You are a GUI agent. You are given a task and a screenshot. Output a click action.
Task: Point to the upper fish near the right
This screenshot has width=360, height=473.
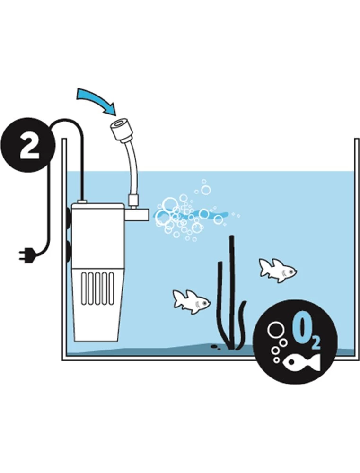point(278,270)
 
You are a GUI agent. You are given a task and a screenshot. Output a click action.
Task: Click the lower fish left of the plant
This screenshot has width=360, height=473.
point(191,302)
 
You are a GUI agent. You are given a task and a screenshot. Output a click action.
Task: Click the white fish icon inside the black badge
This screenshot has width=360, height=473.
point(301,362)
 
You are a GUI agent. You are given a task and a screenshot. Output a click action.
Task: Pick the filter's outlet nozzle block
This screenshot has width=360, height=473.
point(137,215)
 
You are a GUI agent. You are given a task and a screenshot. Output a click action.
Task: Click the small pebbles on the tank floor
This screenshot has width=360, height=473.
point(215,346)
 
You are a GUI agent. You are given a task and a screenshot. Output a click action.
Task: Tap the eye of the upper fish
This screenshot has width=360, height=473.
point(291,272)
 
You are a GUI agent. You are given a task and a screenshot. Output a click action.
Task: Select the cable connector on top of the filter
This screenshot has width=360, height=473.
point(82,201)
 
